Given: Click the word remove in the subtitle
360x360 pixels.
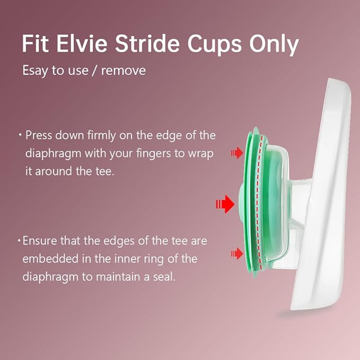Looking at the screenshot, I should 123,71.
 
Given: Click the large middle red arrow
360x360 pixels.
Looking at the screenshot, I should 225,203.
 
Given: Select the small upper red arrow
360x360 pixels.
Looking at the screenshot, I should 235,153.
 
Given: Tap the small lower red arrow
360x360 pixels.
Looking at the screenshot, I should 235,255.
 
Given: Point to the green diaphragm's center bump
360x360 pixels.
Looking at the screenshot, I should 240,203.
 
